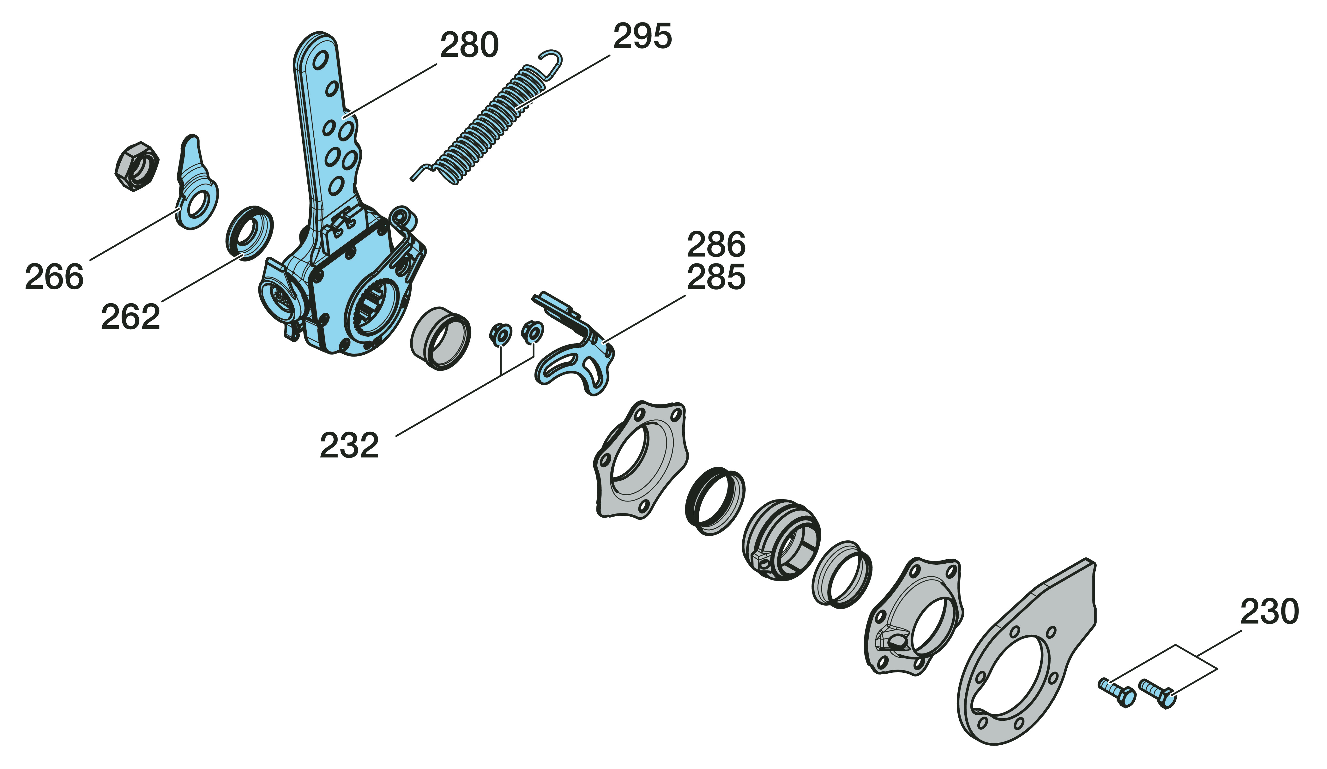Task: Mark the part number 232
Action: [x=349, y=445]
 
